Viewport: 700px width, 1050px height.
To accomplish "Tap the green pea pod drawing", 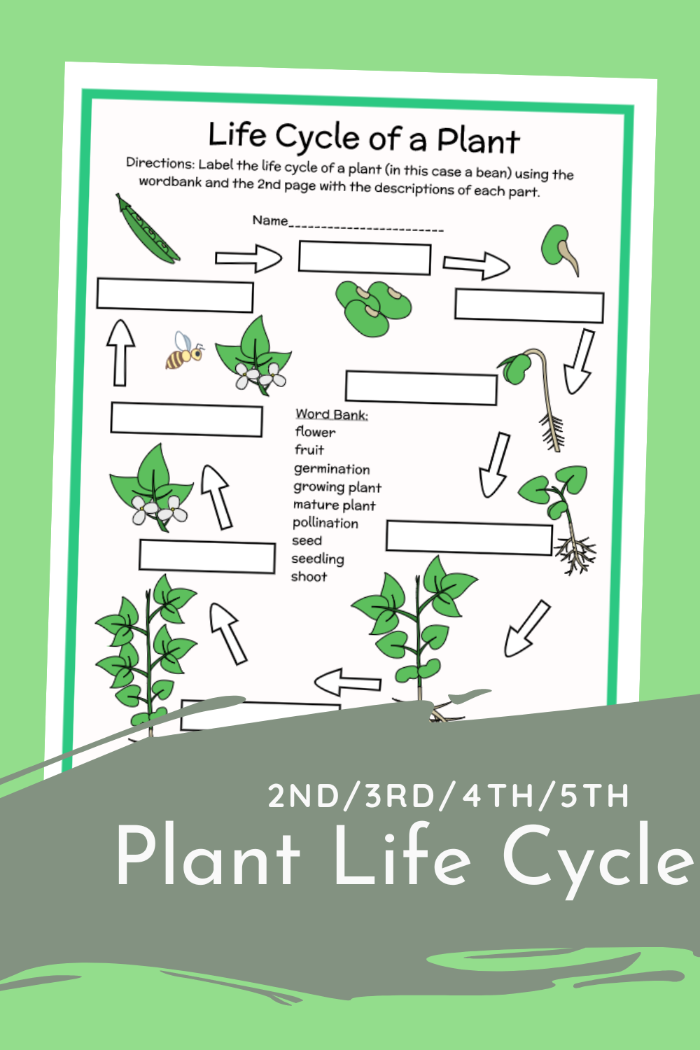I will [148, 230].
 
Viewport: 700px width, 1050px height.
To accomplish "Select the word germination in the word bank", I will [332, 469].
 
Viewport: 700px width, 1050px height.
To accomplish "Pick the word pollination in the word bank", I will [325, 523].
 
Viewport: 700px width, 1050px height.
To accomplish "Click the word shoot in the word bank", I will [309, 577].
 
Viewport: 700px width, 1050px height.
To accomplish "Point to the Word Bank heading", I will [332, 414].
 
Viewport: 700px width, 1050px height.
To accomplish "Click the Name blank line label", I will [270, 220].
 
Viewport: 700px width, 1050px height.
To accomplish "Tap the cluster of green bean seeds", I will [373, 307].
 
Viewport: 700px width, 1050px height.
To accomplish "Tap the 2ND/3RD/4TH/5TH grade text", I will [449, 797].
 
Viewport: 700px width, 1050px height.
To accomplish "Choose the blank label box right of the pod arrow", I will [365, 258].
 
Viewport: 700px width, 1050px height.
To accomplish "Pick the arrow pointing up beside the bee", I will [120, 353].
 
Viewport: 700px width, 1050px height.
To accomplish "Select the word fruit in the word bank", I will [309, 450].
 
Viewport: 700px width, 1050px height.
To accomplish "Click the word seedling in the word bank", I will [318, 559].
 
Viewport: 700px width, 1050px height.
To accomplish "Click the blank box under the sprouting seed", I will [529, 307].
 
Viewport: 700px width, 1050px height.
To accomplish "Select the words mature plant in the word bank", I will [335, 505].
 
